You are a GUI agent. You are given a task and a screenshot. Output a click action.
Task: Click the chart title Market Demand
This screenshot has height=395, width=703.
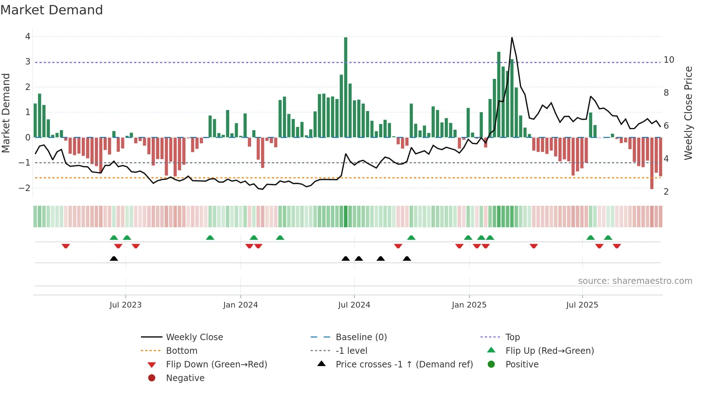click(52, 10)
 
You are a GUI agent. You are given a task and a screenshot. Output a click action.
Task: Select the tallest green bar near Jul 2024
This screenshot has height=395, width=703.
click(345, 86)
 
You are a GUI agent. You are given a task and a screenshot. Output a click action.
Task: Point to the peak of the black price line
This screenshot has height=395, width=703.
click(511, 38)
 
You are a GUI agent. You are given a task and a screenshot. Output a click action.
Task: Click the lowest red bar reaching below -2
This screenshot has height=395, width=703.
click(652, 163)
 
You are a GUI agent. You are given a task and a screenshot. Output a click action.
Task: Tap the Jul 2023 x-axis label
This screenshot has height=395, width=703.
click(126, 305)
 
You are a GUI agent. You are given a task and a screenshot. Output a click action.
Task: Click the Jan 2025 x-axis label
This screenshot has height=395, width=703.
click(469, 305)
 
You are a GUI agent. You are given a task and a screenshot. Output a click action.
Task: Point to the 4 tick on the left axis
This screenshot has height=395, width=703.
click(28, 37)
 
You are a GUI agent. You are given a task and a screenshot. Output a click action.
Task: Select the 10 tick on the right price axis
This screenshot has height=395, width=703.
click(669, 60)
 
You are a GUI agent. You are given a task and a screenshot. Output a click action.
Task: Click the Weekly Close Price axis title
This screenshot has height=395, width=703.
click(688, 113)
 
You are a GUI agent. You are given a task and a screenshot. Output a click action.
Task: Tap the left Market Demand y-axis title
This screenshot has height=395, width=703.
click(6, 113)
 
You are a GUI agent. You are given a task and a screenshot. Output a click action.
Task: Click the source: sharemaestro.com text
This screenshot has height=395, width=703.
click(635, 281)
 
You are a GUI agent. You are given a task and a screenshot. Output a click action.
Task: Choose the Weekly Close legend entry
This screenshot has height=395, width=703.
click(194, 337)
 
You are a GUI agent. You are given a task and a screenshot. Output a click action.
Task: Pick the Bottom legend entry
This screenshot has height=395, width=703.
click(181, 351)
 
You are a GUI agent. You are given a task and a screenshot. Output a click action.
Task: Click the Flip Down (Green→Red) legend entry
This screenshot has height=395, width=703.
click(216, 365)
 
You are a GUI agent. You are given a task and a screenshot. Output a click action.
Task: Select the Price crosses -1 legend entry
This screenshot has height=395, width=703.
click(404, 365)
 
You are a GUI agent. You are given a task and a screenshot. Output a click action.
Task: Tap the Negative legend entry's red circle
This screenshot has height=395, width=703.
click(152, 378)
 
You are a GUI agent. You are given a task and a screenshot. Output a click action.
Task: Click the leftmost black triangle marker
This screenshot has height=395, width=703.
click(114, 258)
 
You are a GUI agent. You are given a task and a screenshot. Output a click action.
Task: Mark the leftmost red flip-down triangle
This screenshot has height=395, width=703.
click(66, 246)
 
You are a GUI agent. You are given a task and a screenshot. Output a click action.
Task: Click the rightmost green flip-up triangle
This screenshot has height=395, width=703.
click(608, 238)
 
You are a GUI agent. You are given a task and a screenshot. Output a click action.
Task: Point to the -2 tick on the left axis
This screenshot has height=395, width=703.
click(24, 188)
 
